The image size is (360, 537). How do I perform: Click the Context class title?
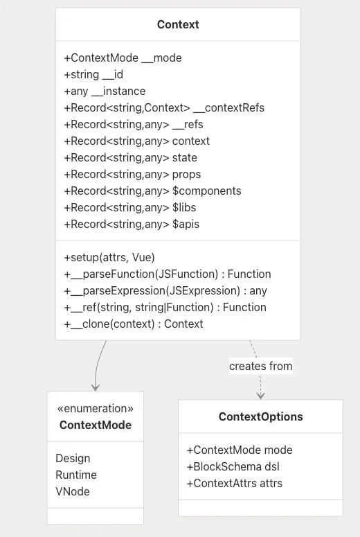click(178, 25)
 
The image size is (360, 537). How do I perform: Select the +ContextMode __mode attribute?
click(123, 58)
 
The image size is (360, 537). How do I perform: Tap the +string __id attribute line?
click(93, 75)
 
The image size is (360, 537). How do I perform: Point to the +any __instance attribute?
click(105, 91)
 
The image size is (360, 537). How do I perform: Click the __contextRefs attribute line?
click(164, 108)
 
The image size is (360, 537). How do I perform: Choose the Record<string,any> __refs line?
click(134, 124)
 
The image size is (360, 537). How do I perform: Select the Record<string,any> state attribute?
click(130, 157)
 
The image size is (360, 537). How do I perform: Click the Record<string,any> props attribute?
click(132, 175)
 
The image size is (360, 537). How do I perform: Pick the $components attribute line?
click(152, 191)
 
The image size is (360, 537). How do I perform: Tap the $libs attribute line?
click(130, 208)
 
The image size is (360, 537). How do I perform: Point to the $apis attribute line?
click(132, 225)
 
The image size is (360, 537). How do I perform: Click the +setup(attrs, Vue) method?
click(109, 258)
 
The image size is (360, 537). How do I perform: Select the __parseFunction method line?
click(168, 274)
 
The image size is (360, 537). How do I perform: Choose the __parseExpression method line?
click(165, 291)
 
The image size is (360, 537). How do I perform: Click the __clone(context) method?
click(134, 324)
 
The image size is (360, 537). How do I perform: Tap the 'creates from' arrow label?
click(261, 366)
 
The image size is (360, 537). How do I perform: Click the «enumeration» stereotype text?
click(96, 408)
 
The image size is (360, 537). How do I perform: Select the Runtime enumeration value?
click(76, 475)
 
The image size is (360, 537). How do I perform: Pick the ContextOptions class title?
click(261, 417)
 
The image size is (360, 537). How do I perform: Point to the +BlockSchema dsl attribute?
click(233, 467)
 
